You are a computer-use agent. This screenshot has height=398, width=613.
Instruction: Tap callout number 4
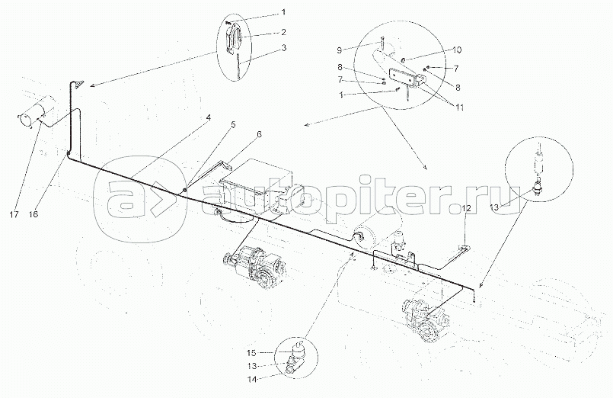[206, 118]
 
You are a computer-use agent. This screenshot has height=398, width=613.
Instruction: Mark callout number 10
[457, 50]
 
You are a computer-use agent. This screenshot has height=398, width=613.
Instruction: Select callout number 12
[465, 208]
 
